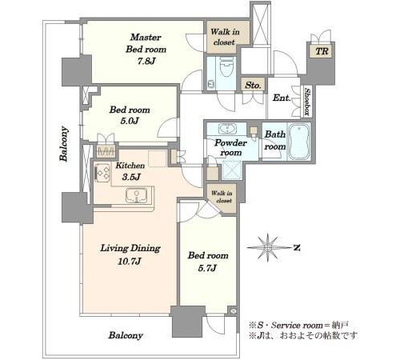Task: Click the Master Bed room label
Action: [146, 43]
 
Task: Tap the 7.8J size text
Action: [146, 62]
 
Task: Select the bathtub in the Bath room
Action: [299, 142]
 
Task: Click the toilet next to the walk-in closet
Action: [226, 66]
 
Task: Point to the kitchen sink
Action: [137, 195]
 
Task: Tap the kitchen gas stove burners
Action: [102, 172]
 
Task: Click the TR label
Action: [322, 51]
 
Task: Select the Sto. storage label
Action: [253, 86]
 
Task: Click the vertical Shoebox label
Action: [307, 102]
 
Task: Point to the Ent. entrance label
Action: [282, 98]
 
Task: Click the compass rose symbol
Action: [268, 248]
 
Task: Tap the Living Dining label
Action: [130, 248]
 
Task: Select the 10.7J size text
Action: [130, 261]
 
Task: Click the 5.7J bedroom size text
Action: [207, 268]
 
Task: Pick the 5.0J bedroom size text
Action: [130, 121]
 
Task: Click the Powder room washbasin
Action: [227, 129]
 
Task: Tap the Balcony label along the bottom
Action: [126, 335]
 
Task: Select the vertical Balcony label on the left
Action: [64, 144]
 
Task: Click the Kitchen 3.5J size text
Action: [131, 177]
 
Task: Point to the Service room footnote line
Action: [298, 326]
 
